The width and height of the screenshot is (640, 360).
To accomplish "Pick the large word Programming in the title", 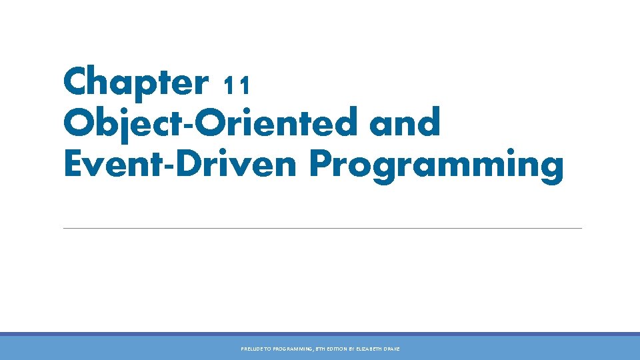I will [x=436, y=164].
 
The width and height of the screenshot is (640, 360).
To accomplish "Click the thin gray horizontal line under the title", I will [x=322, y=228].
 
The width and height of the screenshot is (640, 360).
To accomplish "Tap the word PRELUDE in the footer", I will [x=252, y=349].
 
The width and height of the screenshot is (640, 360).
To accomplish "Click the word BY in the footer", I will [x=351, y=349].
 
